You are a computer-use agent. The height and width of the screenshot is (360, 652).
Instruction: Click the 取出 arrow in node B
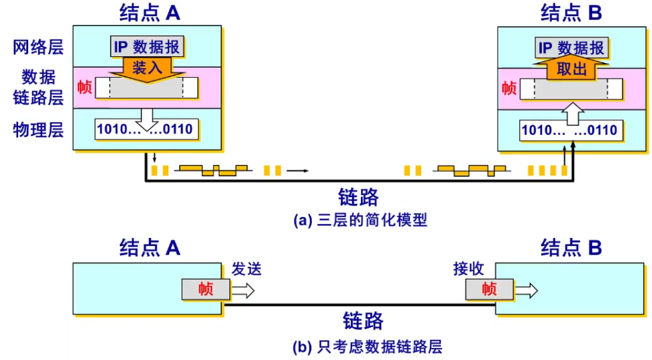coord(572,69)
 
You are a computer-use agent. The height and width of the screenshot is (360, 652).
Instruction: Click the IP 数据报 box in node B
coord(572,48)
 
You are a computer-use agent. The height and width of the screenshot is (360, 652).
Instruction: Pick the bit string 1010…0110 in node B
coord(572,130)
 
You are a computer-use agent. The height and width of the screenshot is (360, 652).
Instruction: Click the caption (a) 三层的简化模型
coord(360,220)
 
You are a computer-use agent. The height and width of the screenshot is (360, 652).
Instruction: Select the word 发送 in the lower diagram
coord(246,269)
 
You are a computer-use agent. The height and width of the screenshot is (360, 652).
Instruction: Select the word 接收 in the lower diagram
coord(469,269)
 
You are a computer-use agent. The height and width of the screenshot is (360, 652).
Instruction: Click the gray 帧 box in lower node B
coord(490,290)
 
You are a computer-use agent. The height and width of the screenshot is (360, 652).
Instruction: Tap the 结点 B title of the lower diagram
coord(572,248)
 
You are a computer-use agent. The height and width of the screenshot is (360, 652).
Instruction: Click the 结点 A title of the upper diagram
coord(149,13)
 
